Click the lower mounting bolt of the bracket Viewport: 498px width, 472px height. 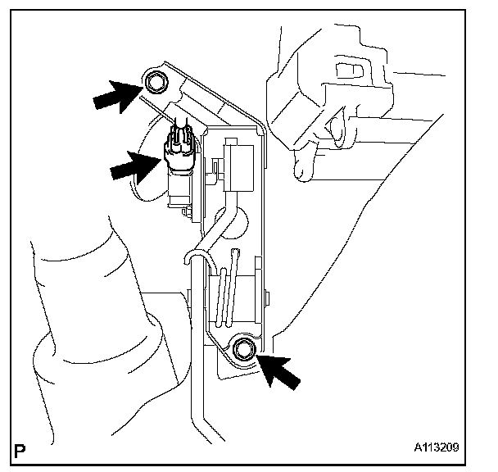pyautogui.click(x=243, y=350)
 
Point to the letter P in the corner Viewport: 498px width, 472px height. pyautogui.click(x=18, y=450)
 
